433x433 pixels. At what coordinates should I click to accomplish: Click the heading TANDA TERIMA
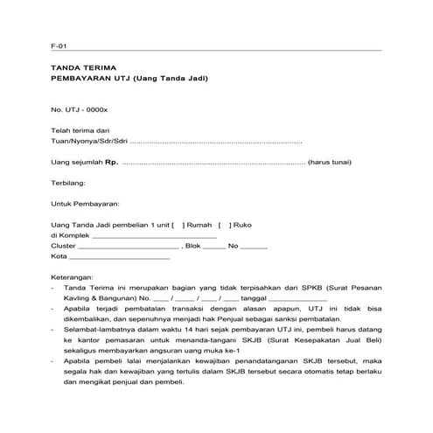[83, 68]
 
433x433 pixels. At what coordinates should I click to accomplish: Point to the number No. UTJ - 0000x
[79, 109]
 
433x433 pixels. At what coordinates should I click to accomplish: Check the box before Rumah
[178, 225]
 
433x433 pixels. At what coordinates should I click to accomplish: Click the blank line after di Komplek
[154, 236]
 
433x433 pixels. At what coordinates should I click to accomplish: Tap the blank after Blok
[213, 247]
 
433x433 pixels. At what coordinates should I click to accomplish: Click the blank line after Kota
[120, 257]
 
